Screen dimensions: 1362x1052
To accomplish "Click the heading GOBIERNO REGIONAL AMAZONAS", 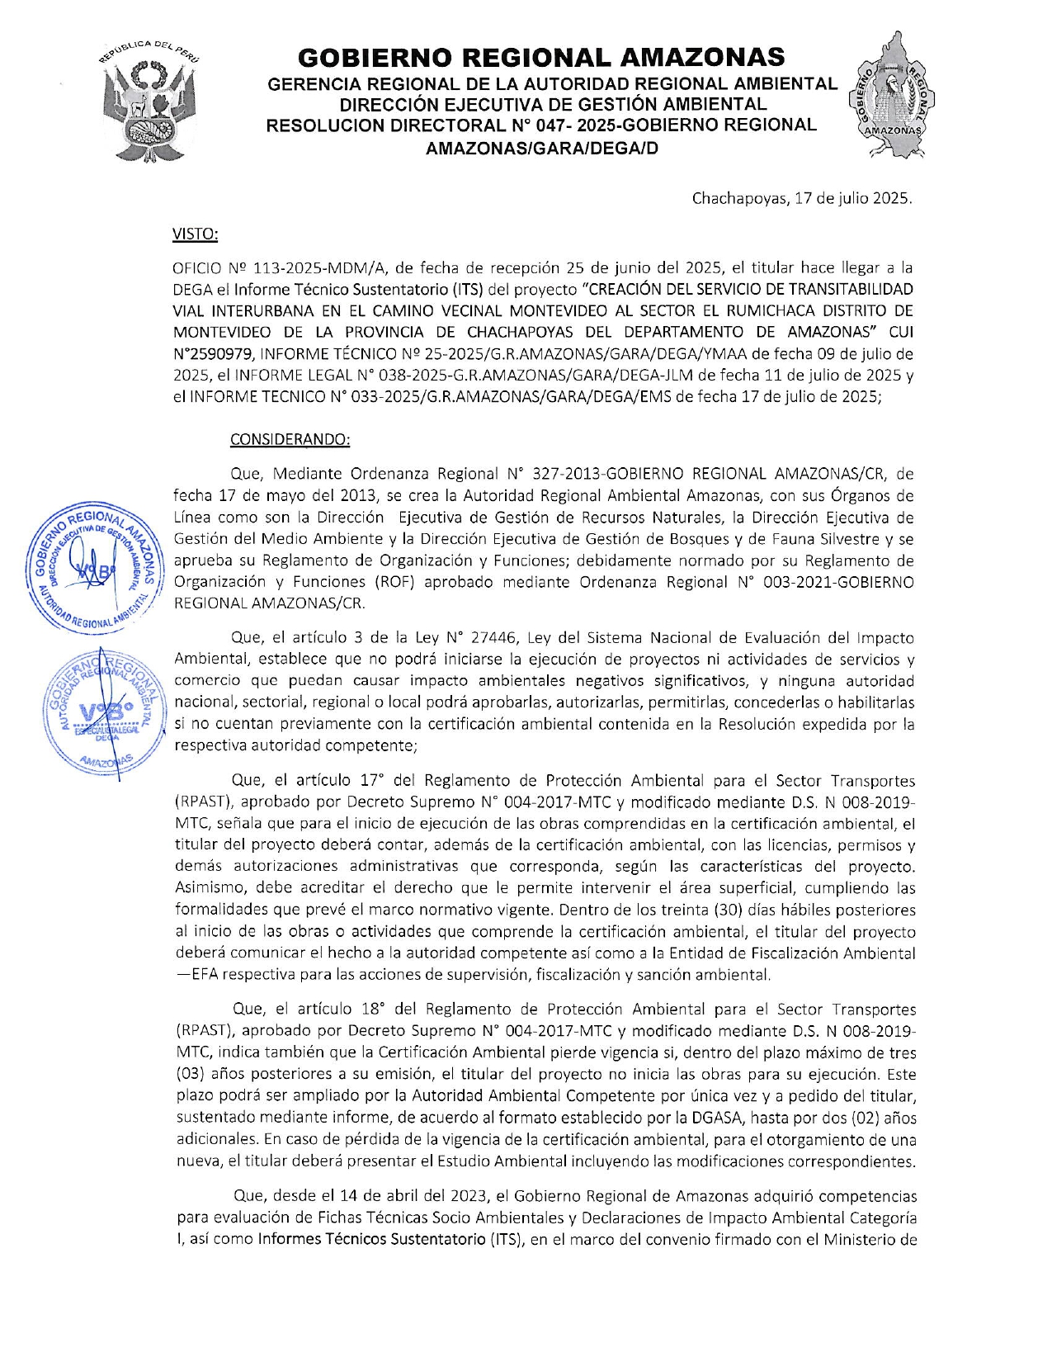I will click(541, 57).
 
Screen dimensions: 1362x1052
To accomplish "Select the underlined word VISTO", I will click(195, 234).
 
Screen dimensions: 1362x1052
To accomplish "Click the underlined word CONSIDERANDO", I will click(290, 439).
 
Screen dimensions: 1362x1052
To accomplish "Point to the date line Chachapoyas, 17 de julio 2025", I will click(802, 199).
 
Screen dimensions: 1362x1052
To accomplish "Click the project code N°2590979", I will click(213, 354).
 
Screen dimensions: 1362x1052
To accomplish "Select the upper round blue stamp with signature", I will click(93, 568).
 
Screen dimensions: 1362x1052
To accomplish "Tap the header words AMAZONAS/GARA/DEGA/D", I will click(541, 149).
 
